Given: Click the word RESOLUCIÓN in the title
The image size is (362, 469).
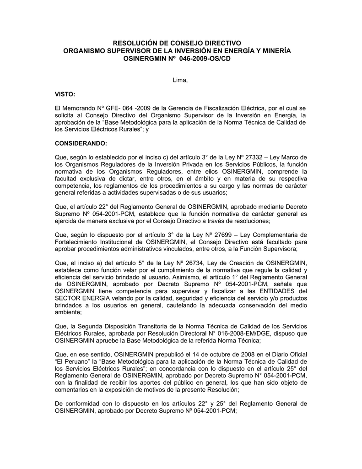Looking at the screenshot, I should (137, 43).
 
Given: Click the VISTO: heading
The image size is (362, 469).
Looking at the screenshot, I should (65, 94).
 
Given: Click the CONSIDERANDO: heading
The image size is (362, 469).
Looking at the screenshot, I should (81, 143).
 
